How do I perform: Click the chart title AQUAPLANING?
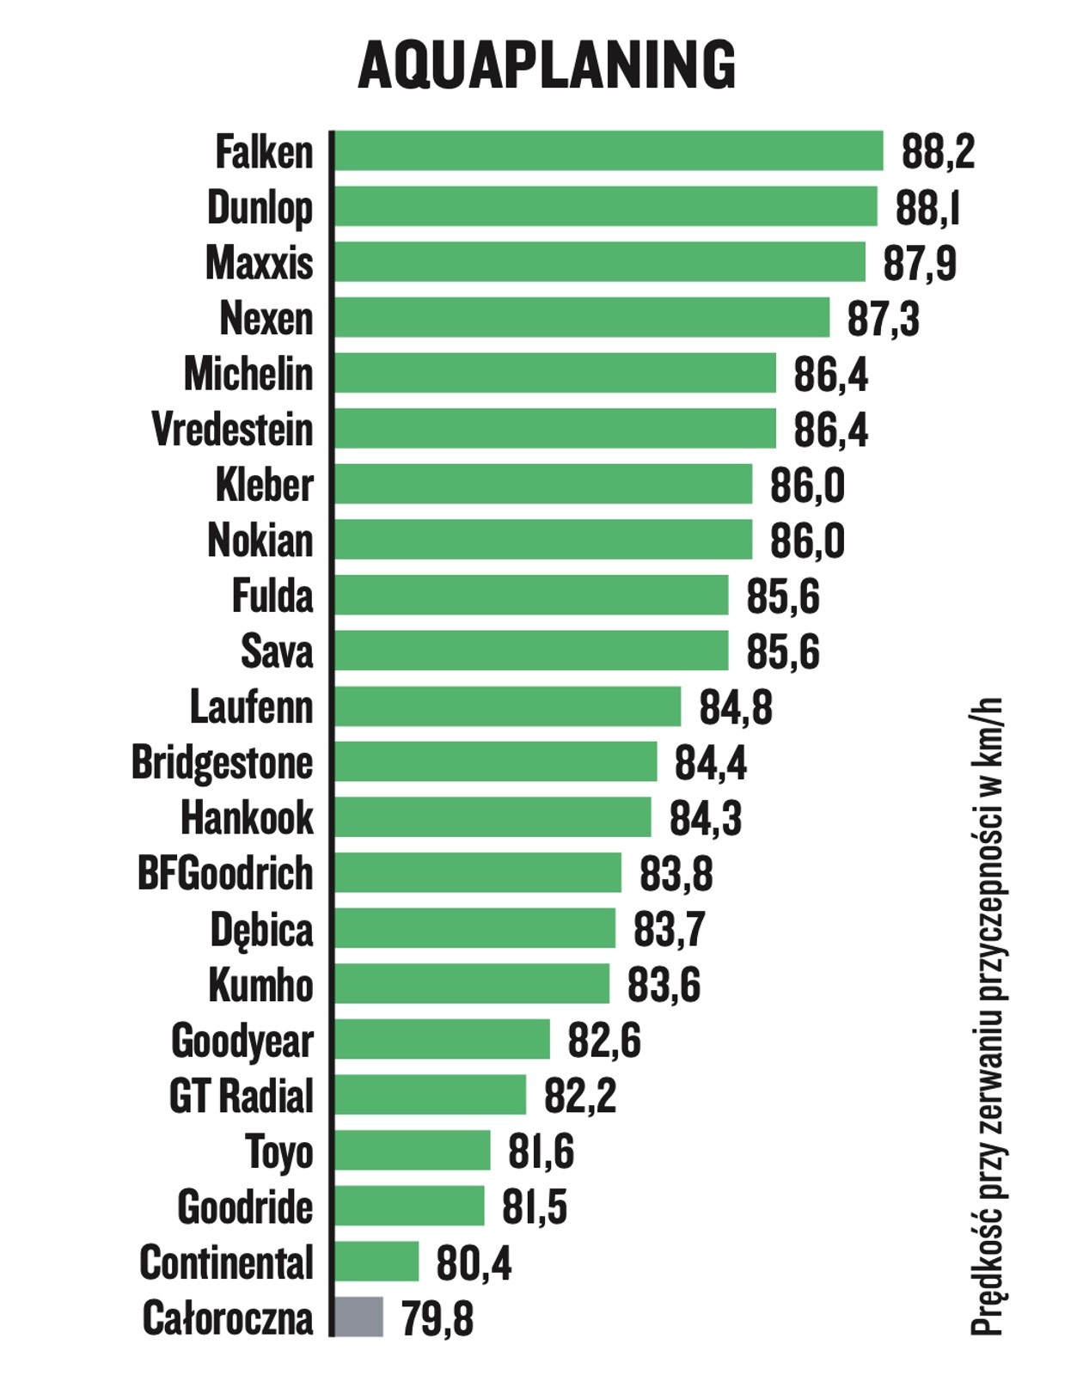tap(547, 64)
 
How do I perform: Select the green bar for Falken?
tap(609, 151)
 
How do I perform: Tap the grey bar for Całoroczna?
tap(358, 1317)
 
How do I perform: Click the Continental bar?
tap(376, 1262)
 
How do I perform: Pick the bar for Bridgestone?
tap(496, 761)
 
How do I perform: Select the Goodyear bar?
tap(442, 1039)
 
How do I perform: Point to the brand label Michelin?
tap(248, 374)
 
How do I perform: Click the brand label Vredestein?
tap(232, 429)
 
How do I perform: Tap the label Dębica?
tap(261, 929)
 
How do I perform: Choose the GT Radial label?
tap(242, 1096)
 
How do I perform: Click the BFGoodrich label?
tap(225, 873)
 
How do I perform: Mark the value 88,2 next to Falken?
tap(938, 152)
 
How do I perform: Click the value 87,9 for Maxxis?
tap(919, 263)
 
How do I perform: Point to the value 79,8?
tap(437, 1318)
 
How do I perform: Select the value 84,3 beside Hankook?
tap(706, 818)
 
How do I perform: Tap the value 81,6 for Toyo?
tap(541, 1152)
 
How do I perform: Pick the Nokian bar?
tap(543, 540)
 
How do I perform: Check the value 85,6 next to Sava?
tap(782, 651)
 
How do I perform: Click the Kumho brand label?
tap(260, 985)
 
